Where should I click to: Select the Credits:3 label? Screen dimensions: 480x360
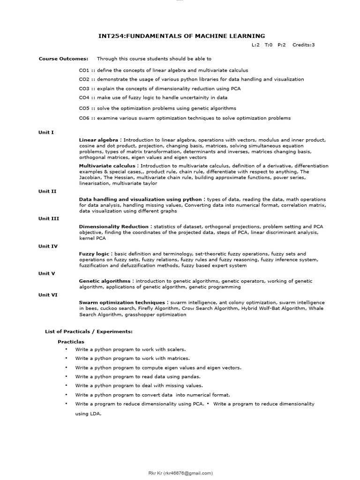(x=303, y=45)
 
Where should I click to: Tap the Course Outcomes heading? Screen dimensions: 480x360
(x=63, y=59)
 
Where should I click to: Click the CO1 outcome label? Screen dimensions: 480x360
(x=84, y=70)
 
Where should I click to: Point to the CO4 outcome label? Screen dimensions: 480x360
(x=84, y=97)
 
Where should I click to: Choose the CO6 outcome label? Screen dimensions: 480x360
(x=84, y=118)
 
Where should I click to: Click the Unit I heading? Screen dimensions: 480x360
(x=46, y=132)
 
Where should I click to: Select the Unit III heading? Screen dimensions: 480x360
(x=48, y=218)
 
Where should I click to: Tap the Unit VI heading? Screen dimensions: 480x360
(x=47, y=294)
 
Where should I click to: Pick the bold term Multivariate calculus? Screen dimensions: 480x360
(x=107, y=166)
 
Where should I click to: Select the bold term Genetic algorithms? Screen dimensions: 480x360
(x=104, y=281)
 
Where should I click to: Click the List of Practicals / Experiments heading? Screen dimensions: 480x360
(x=89, y=331)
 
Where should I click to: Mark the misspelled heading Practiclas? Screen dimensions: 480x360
(x=71, y=342)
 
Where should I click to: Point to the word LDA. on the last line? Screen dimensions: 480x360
(x=95, y=414)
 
